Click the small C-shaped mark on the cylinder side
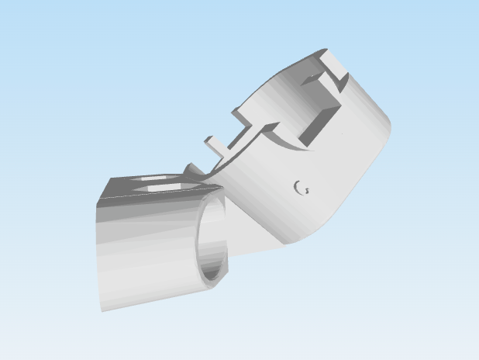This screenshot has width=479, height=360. [x=302, y=187]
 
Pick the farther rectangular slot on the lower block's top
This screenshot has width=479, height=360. [x=159, y=178]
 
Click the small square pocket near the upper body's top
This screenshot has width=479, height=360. [x=311, y=79]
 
